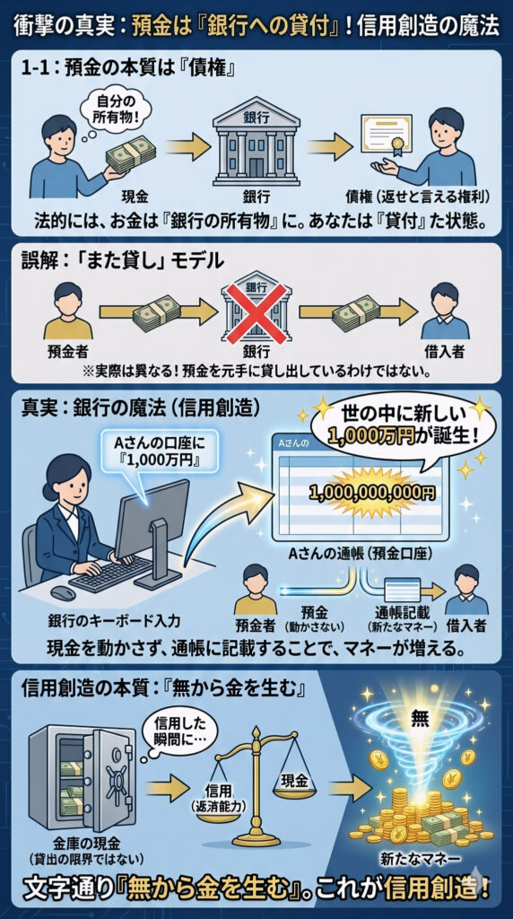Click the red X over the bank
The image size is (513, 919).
[x=256, y=313]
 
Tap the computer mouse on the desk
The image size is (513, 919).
[x=63, y=593]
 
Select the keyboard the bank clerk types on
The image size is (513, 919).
[x=111, y=574]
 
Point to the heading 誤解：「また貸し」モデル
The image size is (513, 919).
[x=122, y=259]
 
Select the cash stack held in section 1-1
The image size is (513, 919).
[x=131, y=154]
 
